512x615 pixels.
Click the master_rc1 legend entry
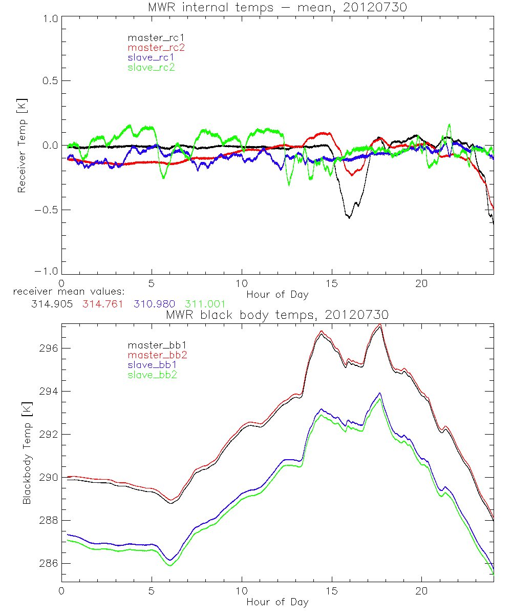click(151, 37)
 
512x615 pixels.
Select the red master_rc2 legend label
click(156, 47)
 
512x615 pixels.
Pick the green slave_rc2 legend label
click(151, 67)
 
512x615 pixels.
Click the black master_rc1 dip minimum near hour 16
click(349, 217)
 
